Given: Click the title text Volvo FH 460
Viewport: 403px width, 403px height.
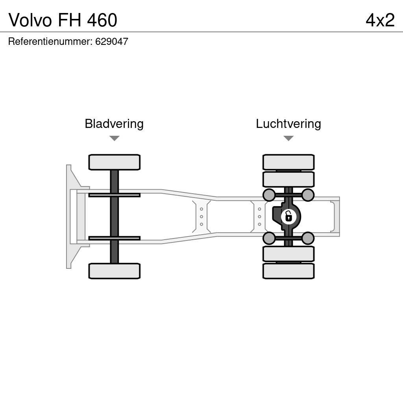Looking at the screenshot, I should point(63,20).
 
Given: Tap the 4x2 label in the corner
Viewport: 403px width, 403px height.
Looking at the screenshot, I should point(380,20).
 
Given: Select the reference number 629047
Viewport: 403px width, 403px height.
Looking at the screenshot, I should point(112,42).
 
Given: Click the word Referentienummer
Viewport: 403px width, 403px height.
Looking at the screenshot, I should point(50,42).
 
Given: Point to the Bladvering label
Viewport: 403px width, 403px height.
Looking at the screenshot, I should point(114,124).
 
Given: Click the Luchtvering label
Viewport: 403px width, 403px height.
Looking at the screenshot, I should point(288,124).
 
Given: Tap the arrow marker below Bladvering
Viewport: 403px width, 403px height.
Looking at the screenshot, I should point(114,138).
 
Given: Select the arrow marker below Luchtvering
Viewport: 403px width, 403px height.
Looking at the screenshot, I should point(288,138).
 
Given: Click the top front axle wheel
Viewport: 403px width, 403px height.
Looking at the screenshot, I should point(114,162).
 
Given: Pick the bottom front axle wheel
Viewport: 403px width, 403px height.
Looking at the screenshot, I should point(114,271).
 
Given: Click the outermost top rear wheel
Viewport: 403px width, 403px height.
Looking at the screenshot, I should point(288,162).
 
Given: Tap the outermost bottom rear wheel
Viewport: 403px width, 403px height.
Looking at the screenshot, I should point(288,271).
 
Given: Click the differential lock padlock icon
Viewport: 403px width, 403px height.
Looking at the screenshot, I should point(288,216).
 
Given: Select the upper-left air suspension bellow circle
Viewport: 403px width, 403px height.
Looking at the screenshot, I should point(269,195).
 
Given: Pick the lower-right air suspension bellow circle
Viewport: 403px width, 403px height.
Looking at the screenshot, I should point(308,238).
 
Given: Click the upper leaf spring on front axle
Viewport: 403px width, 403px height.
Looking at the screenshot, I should point(114,195).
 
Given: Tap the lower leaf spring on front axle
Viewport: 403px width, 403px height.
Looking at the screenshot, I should point(114,238).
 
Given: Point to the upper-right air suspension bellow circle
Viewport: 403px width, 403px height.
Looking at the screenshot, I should point(308,195).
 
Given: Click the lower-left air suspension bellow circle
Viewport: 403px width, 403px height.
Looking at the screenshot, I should point(269,238).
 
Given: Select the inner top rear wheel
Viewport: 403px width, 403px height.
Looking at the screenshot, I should point(288,179).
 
